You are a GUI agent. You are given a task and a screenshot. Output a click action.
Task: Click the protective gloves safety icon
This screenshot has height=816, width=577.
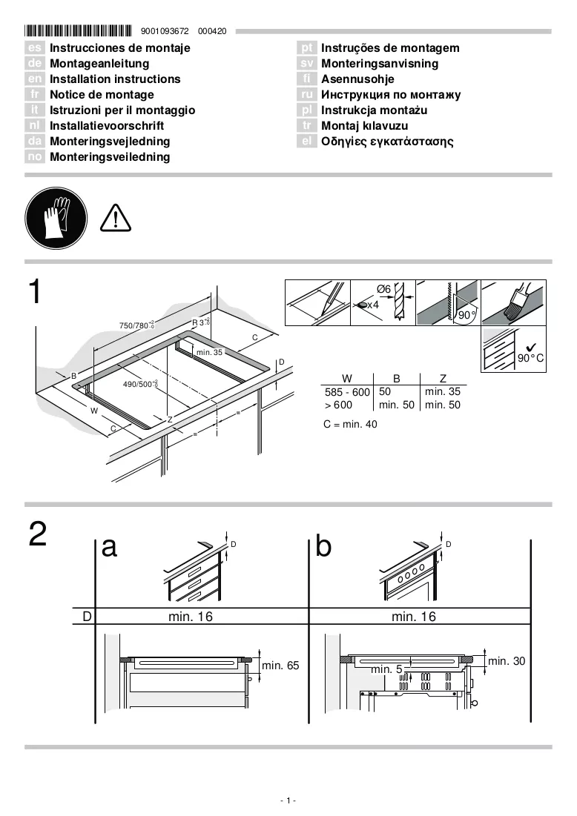56,218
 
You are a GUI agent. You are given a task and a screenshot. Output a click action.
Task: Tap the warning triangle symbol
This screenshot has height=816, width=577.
115,218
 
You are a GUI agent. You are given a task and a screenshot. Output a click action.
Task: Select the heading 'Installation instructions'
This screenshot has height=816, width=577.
115,79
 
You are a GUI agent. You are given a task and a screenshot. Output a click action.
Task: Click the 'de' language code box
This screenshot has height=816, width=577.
34,64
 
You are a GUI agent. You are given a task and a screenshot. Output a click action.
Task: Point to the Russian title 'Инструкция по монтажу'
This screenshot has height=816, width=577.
391,95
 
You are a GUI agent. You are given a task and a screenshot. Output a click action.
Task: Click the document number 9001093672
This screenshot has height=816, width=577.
165,31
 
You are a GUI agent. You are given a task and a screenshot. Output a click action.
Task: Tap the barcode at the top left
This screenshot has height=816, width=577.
78,30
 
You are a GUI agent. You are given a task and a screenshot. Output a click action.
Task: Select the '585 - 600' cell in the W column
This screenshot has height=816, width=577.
347,392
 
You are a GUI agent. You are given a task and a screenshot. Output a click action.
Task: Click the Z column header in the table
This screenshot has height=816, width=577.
443,378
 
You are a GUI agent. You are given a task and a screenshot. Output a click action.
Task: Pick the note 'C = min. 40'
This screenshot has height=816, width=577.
350,424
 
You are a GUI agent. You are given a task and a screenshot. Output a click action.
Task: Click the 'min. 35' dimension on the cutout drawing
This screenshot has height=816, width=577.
209,352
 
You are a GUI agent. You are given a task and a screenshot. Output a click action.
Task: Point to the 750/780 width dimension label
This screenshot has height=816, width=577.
137,325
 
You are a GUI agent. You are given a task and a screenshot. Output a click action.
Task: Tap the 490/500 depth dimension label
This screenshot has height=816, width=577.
140,384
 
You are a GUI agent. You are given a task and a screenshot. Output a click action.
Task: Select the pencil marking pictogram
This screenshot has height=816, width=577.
317,302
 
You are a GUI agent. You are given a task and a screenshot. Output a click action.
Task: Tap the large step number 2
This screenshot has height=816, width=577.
38,534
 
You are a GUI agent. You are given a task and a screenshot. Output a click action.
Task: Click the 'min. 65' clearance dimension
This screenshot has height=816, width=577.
280,665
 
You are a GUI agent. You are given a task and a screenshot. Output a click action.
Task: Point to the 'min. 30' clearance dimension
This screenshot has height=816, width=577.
507,661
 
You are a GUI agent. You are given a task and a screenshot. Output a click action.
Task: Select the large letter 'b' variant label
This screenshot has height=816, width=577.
323,546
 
